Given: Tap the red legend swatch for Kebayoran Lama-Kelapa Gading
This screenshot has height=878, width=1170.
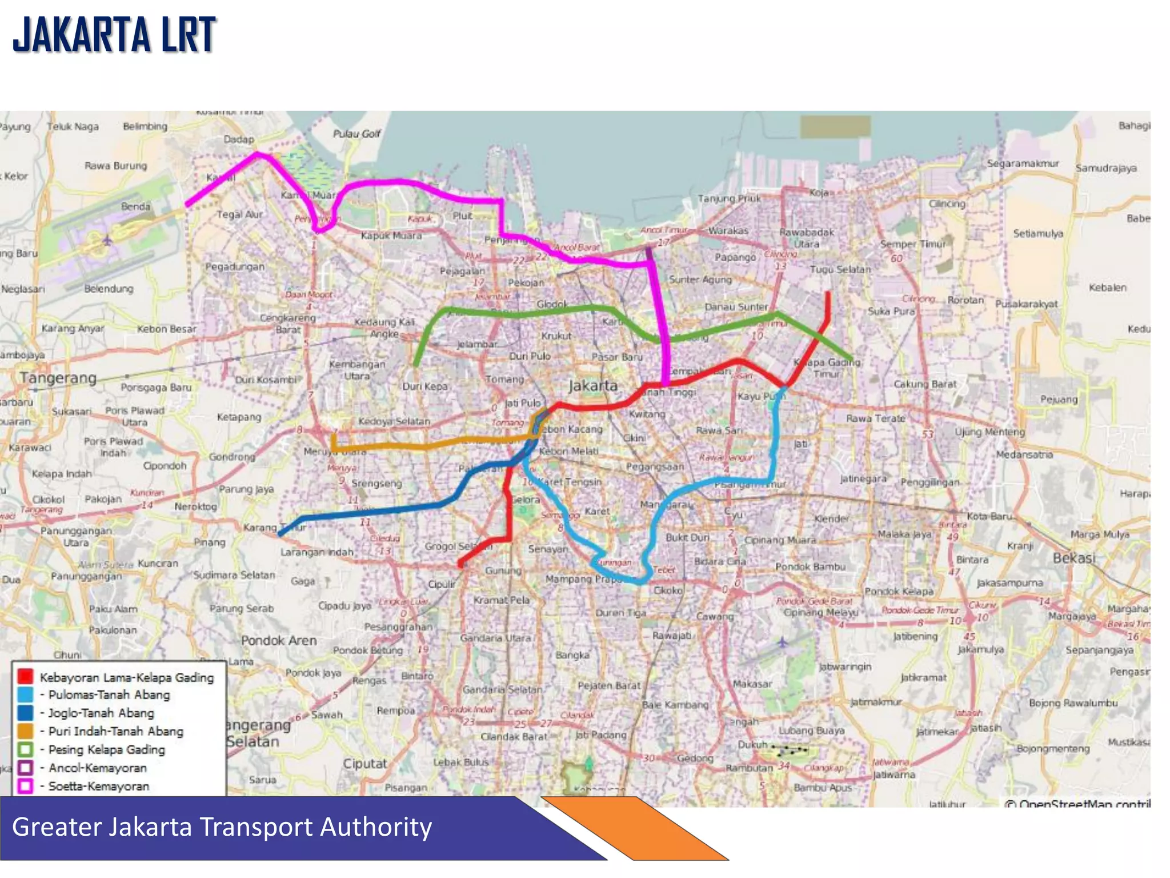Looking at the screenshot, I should [25, 677].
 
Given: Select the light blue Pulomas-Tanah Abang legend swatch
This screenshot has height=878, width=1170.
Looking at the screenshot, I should [25, 695].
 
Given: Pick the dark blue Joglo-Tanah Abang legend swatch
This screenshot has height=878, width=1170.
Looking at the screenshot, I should [25, 713].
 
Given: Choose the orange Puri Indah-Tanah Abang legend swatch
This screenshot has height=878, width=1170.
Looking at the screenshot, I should [25, 731].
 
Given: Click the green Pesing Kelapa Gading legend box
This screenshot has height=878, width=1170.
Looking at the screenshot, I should [25, 749].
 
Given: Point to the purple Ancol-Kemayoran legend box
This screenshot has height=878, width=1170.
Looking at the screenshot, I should [25, 768].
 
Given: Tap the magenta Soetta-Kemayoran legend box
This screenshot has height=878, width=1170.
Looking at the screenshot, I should [25, 786].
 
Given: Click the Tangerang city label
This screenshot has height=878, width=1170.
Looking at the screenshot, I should [58, 378].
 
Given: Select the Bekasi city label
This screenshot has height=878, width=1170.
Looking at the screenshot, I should [1074, 558].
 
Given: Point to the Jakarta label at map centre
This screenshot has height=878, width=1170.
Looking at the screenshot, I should [593, 386].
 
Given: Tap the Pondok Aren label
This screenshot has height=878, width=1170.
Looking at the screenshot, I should [278, 641].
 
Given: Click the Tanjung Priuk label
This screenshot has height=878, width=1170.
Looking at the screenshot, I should [729, 198].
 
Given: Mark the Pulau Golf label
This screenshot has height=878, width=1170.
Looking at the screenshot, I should [356, 134].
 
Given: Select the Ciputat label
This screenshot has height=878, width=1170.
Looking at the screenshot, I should [364, 764].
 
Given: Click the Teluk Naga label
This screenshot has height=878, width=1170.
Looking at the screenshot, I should [73, 127].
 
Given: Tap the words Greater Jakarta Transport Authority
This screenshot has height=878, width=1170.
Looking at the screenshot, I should [222, 827].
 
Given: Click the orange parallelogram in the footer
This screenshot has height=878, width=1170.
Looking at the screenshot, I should [634, 829].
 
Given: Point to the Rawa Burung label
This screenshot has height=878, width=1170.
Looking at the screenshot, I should [115, 166].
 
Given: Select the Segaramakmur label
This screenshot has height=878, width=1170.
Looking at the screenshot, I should [1023, 163].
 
